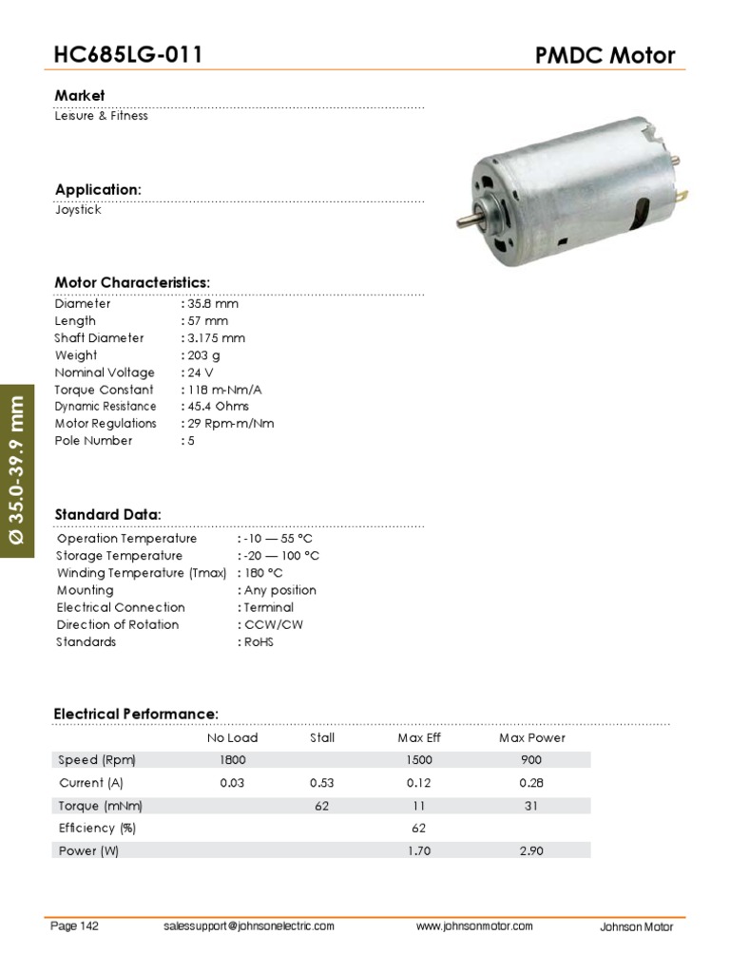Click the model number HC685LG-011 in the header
click(128, 55)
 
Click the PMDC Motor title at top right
click(605, 55)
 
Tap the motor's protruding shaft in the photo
click(467, 219)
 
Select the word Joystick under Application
click(78, 210)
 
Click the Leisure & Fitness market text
click(101, 116)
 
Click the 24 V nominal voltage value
click(201, 372)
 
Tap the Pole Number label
click(93, 441)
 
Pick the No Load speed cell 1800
click(232, 760)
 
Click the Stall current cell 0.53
click(322, 783)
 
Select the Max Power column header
click(531, 737)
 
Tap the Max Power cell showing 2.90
click(531, 851)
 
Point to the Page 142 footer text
click(74, 926)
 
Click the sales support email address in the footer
click(249, 926)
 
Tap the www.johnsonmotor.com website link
click(474, 926)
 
